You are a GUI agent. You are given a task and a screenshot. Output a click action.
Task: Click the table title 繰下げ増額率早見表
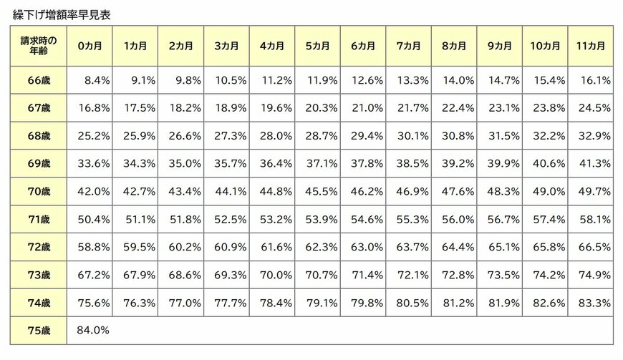tap(62, 15)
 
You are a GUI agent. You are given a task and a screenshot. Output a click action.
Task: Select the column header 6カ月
tap(363, 46)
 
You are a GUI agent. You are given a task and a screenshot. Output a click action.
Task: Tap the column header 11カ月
tap(591, 46)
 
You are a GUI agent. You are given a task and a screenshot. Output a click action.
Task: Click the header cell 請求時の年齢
tap(39, 46)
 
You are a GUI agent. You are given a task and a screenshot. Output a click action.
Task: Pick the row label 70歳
tap(39, 191)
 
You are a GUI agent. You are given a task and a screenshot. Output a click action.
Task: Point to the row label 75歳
tap(39, 330)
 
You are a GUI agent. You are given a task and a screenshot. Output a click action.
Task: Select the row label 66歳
tap(39, 80)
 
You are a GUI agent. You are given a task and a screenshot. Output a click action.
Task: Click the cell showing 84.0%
tap(93, 330)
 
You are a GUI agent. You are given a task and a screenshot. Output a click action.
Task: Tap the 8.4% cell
tap(97, 80)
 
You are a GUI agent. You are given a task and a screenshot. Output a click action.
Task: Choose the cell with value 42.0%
tap(93, 191)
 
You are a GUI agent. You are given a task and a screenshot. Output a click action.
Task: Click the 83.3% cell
tap(594, 303)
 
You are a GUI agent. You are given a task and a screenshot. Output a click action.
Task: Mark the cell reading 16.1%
tap(596, 80)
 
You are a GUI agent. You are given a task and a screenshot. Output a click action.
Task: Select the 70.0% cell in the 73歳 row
tap(276, 275)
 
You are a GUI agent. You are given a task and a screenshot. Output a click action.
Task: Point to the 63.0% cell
tap(367, 247)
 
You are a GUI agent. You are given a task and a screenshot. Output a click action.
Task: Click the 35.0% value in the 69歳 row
tap(185, 163)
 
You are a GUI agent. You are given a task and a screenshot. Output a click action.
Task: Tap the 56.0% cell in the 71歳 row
tap(458, 219)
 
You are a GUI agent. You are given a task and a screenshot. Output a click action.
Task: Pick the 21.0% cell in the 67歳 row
tap(367, 108)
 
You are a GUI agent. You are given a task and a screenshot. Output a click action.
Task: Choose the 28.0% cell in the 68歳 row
tap(276, 136)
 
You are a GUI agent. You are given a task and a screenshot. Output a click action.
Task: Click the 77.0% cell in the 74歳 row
tap(185, 303)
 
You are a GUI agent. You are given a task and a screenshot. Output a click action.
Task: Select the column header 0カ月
tap(90, 46)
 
